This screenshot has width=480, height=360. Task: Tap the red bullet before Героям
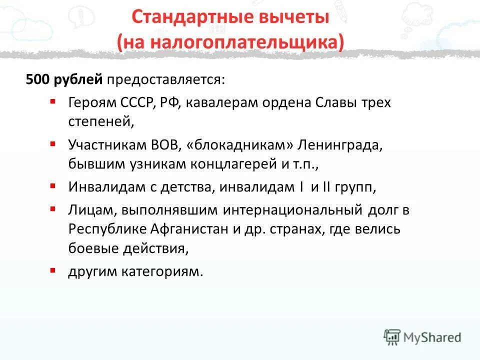[53, 101]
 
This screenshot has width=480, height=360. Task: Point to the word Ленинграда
[340, 145]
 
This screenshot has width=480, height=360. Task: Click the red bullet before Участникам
[53, 144]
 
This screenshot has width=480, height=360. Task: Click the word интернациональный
[293, 211]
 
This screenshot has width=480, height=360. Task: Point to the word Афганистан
[183, 229]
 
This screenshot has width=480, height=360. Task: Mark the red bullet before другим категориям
[53, 270]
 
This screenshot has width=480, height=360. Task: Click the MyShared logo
[422, 337]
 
